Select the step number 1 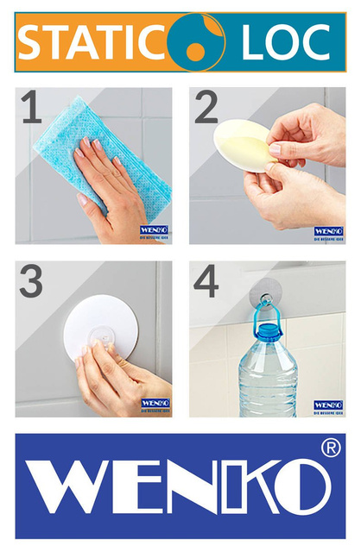31,109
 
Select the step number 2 206,109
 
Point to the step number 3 31,283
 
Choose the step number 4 207,283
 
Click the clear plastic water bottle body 268,384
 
